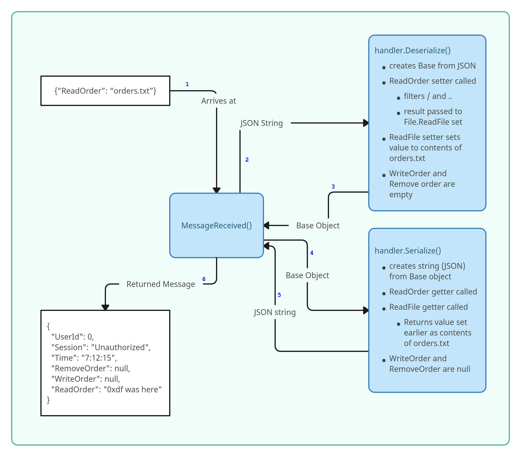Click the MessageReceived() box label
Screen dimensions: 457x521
coord(217,225)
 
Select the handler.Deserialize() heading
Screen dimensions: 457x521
coord(412,50)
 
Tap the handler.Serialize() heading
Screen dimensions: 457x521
coord(408,251)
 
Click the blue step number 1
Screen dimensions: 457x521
coord(187,84)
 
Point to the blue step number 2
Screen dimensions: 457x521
coord(247,160)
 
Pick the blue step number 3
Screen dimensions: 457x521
coord(333,186)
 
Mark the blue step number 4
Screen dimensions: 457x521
coord(312,253)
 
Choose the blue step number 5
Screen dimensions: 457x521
coord(279,295)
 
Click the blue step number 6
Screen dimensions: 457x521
coord(204,279)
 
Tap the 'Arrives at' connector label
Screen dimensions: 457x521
coord(218,101)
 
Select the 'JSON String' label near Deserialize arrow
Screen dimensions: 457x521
coord(261,123)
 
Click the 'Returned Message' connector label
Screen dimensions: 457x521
coord(161,284)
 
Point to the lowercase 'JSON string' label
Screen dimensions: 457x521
coord(275,312)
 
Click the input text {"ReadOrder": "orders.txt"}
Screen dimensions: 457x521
coord(105,91)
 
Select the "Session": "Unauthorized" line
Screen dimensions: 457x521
coord(101,347)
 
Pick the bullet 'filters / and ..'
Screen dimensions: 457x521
coord(428,96)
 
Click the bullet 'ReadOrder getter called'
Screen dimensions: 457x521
coord(433,292)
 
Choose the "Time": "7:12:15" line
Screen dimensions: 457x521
coord(84,358)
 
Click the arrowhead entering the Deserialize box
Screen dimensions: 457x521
coord(366,123)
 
